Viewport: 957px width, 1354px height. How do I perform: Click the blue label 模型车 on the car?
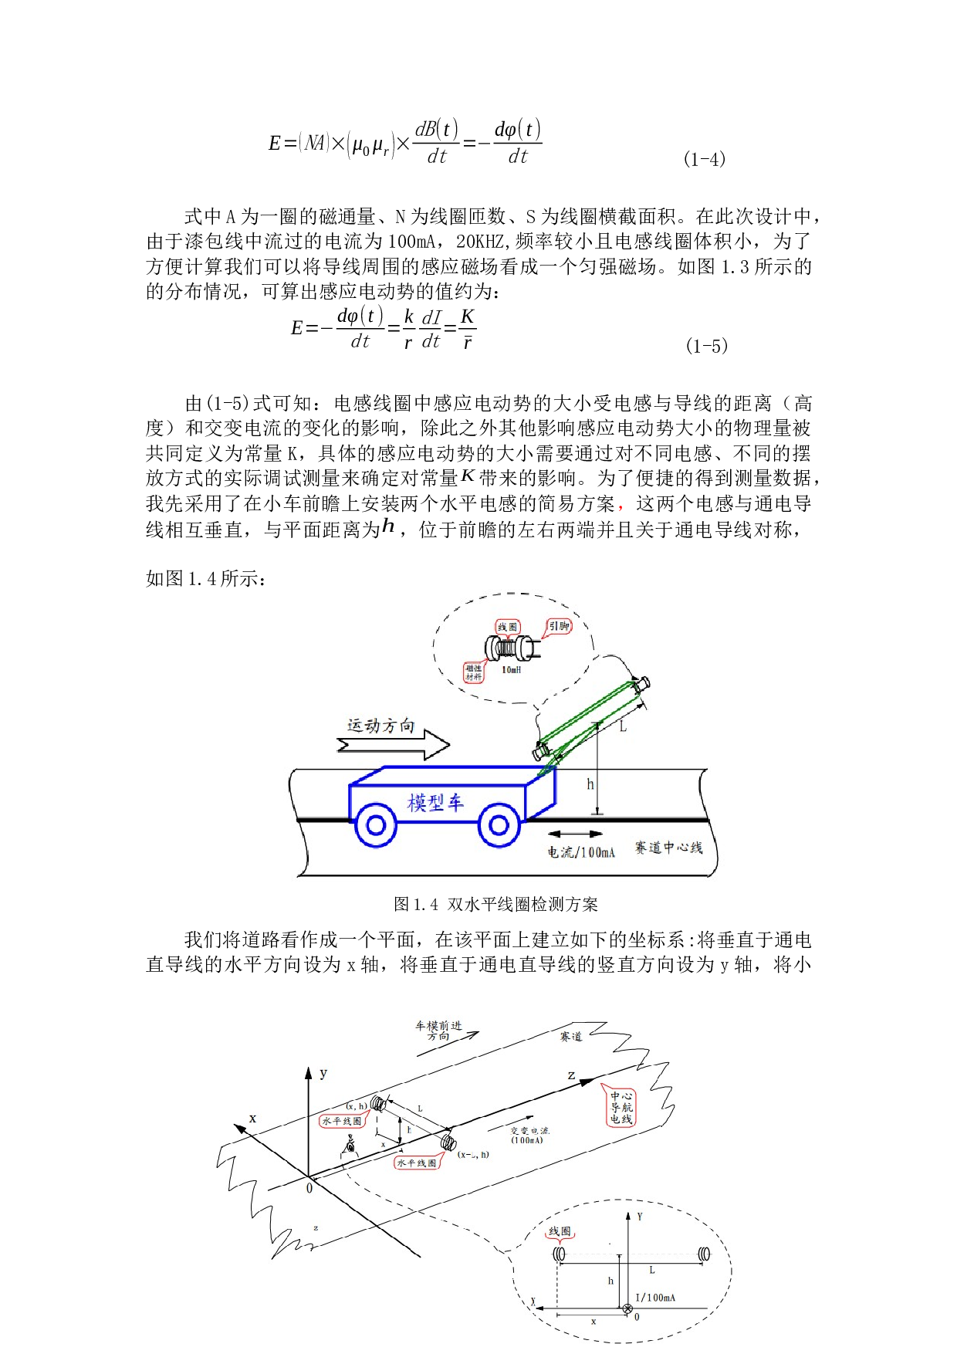click(x=435, y=803)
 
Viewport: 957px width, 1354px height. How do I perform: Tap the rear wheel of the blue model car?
click(x=376, y=825)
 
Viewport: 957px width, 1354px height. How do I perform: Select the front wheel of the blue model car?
click(x=499, y=825)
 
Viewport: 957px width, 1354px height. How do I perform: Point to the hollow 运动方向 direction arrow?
click(x=394, y=745)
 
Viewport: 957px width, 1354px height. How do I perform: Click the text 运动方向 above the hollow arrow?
click(x=381, y=726)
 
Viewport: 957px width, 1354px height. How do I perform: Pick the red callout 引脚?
click(x=560, y=626)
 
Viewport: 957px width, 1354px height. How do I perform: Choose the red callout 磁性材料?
click(x=474, y=672)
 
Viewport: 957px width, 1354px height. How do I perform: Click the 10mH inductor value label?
click(x=512, y=670)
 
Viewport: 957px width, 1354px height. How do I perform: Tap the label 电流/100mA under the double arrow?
click(x=581, y=852)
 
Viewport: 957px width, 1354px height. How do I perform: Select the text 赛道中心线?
click(x=668, y=848)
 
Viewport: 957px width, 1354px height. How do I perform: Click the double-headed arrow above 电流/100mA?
click(x=575, y=834)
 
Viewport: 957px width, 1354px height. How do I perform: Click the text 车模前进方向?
click(x=438, y=1031)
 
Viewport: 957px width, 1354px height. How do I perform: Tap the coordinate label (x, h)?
click(x=357, y=1106)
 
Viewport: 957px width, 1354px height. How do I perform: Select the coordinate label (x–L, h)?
click(x=473, y=1155)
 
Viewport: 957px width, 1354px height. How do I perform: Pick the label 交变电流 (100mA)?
click(x=529, y=1135)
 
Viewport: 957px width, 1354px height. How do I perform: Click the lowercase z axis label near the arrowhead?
click(x=571, y=1075)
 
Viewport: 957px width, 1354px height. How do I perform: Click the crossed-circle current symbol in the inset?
click(x=627, y=1308)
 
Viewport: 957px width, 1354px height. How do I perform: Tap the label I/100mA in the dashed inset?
click(x=655, y=1298)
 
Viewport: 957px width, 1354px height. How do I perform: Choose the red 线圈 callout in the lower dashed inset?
click(x=560, y=1231)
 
